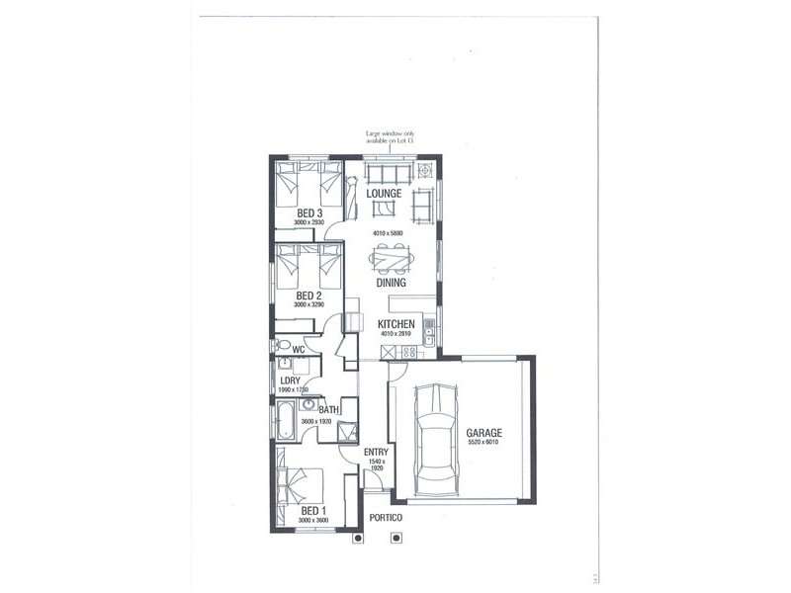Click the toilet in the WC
point(284,346)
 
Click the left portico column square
point(358,539)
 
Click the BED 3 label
point(309,212)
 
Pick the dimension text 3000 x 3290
point(309,305)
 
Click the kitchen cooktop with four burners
point(387,353)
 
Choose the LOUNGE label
point(384,194)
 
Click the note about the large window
point(394,138)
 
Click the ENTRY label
point(376,453)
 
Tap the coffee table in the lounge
point(385,209)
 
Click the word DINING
point(391,283)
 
